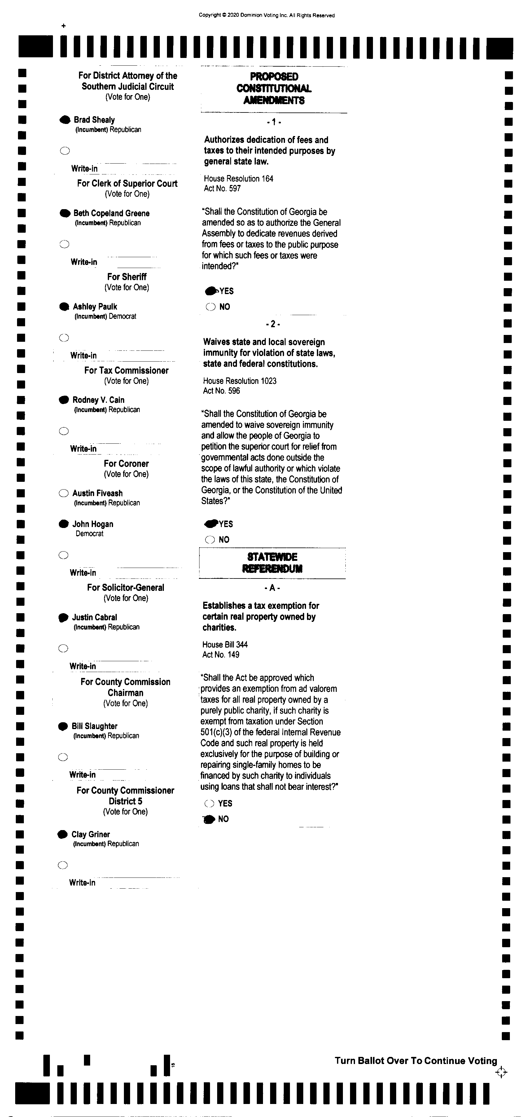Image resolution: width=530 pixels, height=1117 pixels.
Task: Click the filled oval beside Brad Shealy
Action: [x=64, y=120]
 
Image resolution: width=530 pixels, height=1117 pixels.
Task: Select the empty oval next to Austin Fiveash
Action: [x=64, y=493]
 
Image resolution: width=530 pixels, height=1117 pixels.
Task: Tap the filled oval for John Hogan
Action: [x=64, y=524]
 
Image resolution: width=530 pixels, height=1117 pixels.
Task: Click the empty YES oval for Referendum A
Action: [x=209, y=803]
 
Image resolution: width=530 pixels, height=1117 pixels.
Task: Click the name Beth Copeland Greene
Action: [x=112, y=213]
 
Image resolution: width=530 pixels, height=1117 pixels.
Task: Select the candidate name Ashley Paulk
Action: [x=95, y=306]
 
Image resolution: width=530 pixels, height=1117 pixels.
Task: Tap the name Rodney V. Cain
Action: [x=99, y=400]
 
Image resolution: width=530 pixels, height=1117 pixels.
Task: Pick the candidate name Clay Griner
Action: [x=90, y=834]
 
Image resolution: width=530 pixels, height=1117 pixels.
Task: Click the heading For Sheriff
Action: [x=127, y=277]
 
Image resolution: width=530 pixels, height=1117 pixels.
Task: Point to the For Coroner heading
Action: [x=126, y=464]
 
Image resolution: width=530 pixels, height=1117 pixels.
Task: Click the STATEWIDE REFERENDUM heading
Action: [x=272, y=562]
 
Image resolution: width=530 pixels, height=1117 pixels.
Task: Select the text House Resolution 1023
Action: [x=240, y=381]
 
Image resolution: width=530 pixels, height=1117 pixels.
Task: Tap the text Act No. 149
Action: [x=221, y=654]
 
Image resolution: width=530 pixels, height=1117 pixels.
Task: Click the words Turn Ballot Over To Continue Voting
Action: [x=416, y=1061]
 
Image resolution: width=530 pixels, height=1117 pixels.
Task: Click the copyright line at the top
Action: [x=266, y=15]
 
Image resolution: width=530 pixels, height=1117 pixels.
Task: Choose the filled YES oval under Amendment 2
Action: [x=211, y=524]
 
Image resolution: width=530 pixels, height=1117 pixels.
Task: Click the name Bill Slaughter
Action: [x=94, y=726]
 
